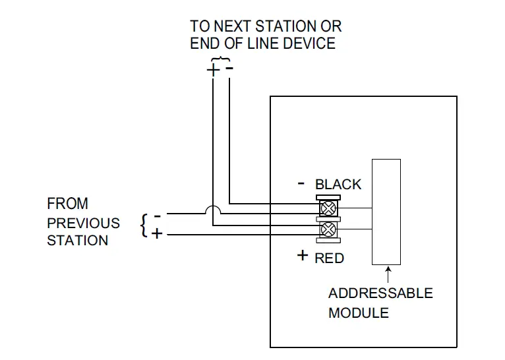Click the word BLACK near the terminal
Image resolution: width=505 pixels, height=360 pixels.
tap(338, 185)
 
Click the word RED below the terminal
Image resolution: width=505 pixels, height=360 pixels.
tap(329, 258)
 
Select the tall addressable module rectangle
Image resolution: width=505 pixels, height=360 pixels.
tap(386, 211)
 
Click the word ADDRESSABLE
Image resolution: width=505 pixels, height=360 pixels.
tap(380, 293)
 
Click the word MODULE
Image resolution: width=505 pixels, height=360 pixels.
tap(359, 313)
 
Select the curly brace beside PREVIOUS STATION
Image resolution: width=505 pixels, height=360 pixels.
tap(144, 225)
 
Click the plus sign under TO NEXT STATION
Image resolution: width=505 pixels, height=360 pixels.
tap(213, 69)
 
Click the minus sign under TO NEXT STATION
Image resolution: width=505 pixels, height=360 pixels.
tap(228, 67)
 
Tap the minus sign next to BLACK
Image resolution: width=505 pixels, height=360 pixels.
tap(301, 184)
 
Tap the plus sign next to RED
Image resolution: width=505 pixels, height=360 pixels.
tap(303, 255)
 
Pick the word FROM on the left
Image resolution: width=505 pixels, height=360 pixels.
tap(67, 204)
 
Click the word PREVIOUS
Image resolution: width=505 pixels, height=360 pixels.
tap(83, 223)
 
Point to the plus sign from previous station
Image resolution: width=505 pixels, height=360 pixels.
tap(157, 233)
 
